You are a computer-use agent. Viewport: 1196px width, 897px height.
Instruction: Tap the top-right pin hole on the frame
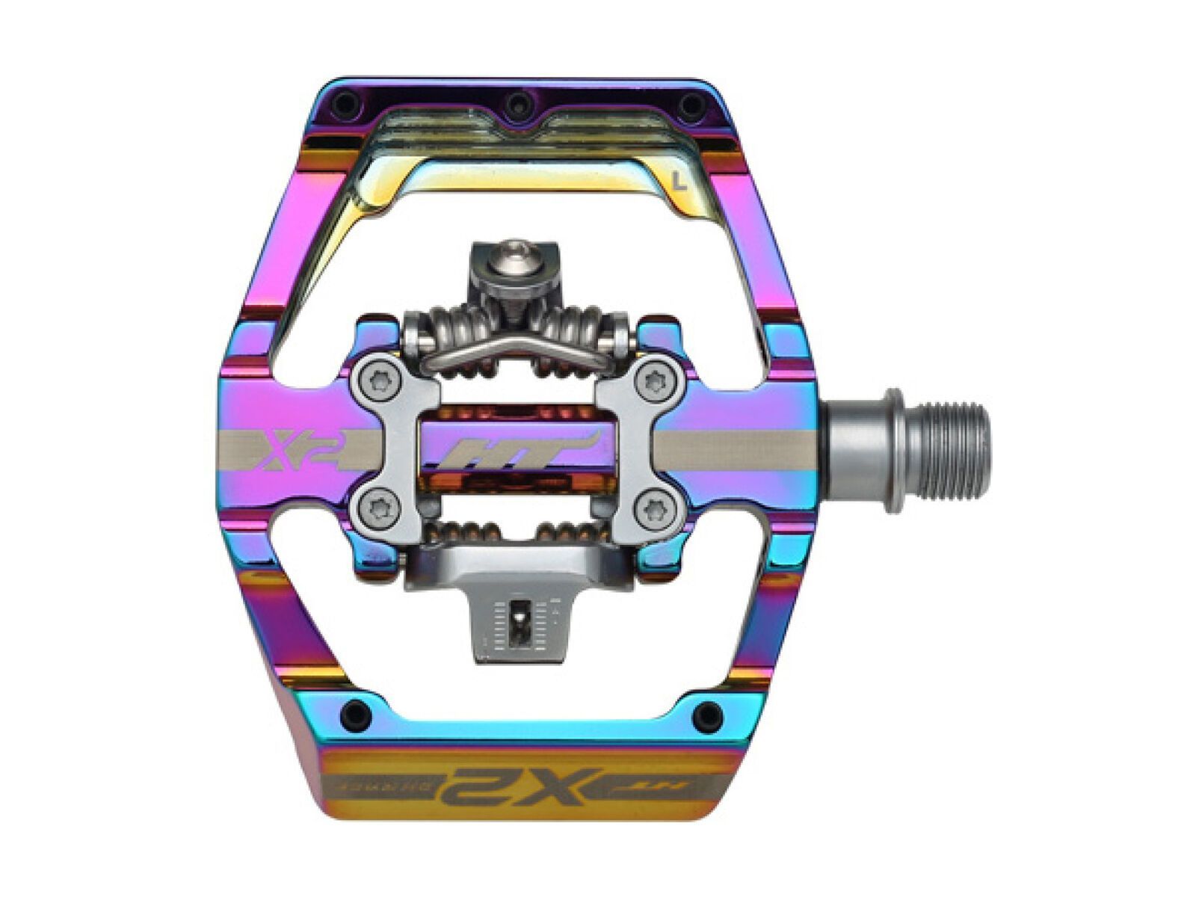click(691, 105)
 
